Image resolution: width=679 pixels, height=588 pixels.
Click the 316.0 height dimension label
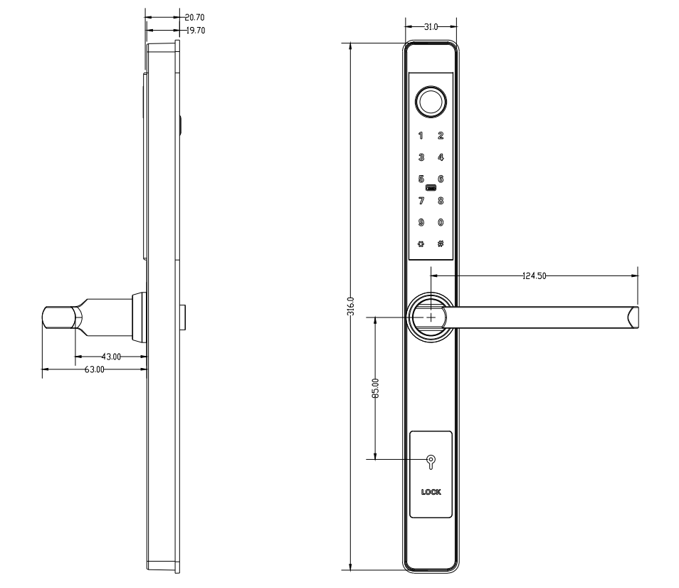pos(351,306)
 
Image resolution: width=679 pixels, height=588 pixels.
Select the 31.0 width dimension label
pos(431,27)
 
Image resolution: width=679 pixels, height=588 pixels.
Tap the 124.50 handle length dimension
pos(535,275)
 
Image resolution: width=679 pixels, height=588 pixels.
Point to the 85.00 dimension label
pos(375,388)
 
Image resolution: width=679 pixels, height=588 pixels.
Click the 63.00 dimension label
pos(95,369)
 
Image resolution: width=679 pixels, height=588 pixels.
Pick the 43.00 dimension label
pos(111,357)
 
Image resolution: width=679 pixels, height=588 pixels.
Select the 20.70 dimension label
pos(195,17)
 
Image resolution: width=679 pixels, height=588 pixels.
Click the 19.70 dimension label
pos(196,31)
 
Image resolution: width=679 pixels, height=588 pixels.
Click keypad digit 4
pos(441,157)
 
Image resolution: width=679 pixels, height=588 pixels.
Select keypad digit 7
pos(421,201)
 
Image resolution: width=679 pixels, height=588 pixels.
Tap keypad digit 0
pos(441,223)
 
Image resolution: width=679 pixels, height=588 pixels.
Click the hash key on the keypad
pos(441,243)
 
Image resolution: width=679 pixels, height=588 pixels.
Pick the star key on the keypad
pos(421,244)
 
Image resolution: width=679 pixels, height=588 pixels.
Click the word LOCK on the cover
pos(431,492)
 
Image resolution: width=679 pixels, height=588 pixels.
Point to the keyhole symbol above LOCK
pos(431,462)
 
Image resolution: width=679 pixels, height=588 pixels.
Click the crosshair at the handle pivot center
pos(431,317)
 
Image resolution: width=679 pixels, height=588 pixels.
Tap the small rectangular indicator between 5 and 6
pos(431,188)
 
